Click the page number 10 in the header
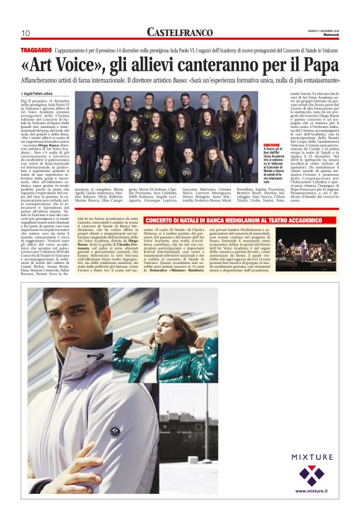pos(25,33)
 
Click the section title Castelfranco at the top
pos(181,32)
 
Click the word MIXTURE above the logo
pos(312,457)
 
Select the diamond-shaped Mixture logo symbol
pos(312,476)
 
